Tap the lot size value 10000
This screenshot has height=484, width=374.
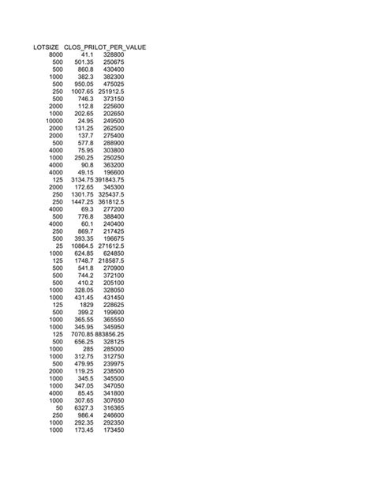[53, 121]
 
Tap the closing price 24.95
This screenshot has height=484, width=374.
[85, 121]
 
